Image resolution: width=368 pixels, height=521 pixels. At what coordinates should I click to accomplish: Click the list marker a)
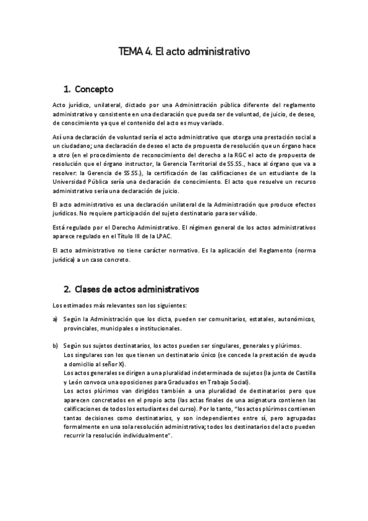(55, 319)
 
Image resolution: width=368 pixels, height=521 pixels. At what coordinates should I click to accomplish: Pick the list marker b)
(55, 345)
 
